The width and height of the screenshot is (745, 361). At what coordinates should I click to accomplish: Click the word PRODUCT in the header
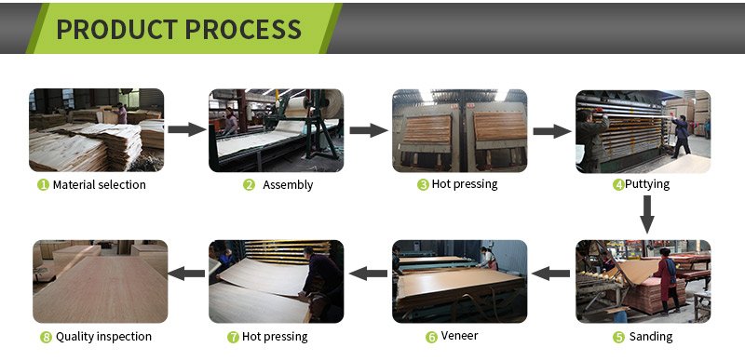[x=117, y=29]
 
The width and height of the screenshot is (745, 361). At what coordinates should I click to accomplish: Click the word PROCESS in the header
[x=243, y=29]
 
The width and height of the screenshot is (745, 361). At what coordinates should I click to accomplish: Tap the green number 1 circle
[x=43, y=185]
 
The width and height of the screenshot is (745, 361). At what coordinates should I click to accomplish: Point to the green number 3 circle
[x=423, y=185]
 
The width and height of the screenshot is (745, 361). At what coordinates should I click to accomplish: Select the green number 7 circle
[x=233, y=337]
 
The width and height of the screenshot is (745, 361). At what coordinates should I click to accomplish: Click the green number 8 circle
[x=46, y=337]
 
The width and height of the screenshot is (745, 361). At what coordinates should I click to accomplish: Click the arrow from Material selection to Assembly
[x=187, y=129]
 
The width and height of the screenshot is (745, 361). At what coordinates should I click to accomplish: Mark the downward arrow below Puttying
[x=646, y=214]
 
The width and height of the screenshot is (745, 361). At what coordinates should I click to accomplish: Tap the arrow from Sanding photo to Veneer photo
[x=550, y=274]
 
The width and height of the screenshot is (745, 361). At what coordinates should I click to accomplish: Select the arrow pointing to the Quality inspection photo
[x=187, y=274]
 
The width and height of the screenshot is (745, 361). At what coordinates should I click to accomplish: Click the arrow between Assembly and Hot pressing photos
[x=369, y=130]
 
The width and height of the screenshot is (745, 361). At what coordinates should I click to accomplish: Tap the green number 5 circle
[x=618, y=337]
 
